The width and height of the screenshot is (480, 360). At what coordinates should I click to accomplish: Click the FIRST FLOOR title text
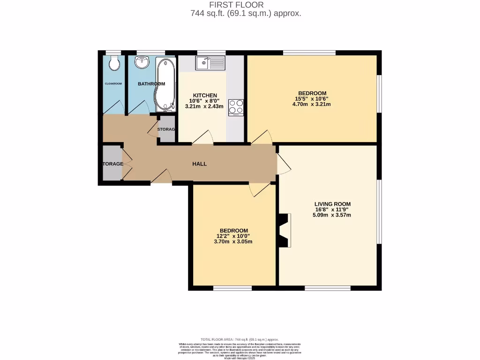(x=240, y=5)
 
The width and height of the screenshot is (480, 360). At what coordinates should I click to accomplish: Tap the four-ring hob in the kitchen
(x=236, y=107)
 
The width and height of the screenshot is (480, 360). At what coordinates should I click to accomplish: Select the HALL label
(x=199, y=164)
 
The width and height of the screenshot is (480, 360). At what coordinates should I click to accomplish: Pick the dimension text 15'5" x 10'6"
(x=311, y=98)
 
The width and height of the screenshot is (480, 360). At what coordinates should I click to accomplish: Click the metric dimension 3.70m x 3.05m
(x=233, y=242)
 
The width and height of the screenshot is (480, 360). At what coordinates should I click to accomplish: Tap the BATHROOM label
(x=151, y=84)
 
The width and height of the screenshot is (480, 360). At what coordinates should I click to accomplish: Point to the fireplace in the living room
(x=285, y=230)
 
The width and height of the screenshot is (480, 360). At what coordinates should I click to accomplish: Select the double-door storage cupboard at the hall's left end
(x=112, y=164)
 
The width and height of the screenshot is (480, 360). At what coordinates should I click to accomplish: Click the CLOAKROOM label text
(x=113, y=84)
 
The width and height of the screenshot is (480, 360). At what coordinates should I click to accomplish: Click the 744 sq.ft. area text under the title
(x=246, y=14)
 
